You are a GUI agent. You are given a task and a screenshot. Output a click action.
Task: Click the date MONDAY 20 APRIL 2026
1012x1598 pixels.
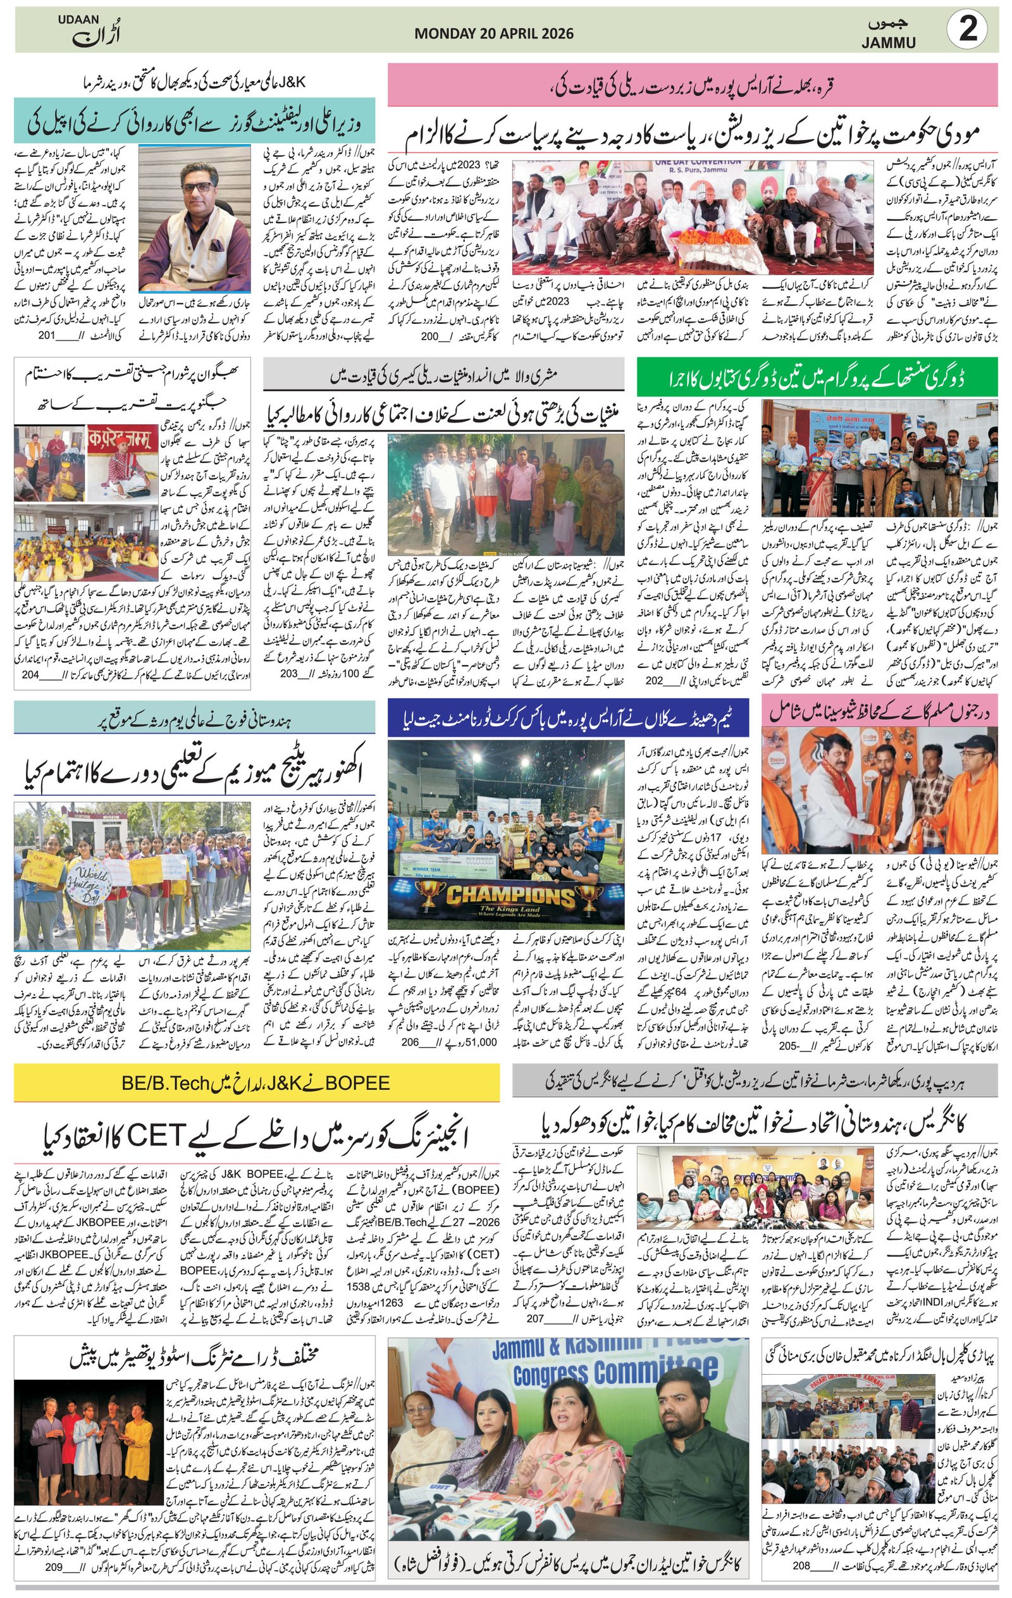[x=494, y=34]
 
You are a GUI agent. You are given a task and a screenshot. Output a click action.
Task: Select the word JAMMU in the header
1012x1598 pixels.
[x=889, y=43]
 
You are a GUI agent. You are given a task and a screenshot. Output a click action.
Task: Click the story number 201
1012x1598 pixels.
[x=46, y=336]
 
